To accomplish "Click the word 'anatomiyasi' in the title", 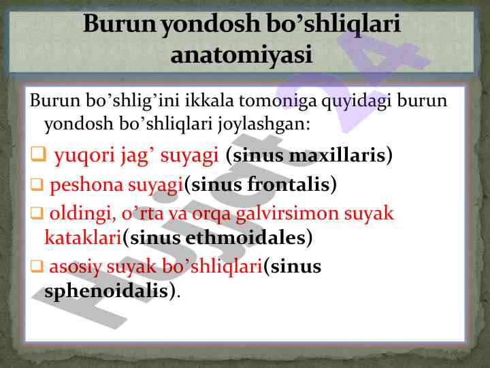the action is click(x=241, y=55).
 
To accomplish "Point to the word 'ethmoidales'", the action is click(x=245, y=238).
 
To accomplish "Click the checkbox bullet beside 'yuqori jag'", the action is click(x=38, y=154).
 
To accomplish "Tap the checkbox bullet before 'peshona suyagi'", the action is click(x=37, y=184).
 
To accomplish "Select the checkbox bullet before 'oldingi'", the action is click(x=37, y=213).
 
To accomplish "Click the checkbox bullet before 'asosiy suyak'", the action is click(x=37, y=266).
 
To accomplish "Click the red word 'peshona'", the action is click(x=86, y=185).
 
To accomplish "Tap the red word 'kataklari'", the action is click(x=83, y=237).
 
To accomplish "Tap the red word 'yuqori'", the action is click(x=84, y=155).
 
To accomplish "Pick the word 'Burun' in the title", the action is click(x=119, y=23).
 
